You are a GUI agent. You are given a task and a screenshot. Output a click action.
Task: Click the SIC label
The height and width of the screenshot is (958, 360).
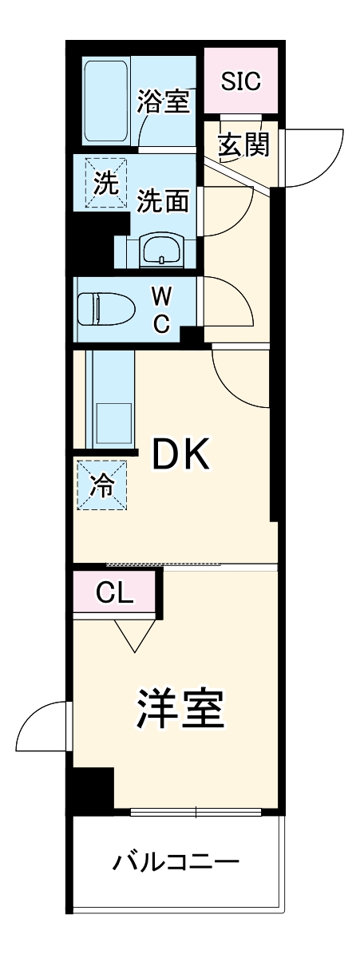click(241, 81)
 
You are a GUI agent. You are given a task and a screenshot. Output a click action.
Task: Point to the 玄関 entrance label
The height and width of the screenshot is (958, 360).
click(243, 144)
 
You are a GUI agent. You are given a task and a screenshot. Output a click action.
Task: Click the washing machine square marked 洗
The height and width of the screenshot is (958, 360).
click(106, 183)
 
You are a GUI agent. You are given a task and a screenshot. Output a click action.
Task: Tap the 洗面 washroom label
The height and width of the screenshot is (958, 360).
click(163, 200)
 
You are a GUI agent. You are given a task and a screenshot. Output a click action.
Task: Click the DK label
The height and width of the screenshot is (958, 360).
click(181, 454)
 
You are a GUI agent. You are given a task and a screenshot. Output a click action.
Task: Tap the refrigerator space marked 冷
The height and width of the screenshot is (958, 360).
click(102, 485)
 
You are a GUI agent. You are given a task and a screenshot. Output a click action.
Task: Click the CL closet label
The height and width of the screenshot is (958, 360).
click(114, 592)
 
